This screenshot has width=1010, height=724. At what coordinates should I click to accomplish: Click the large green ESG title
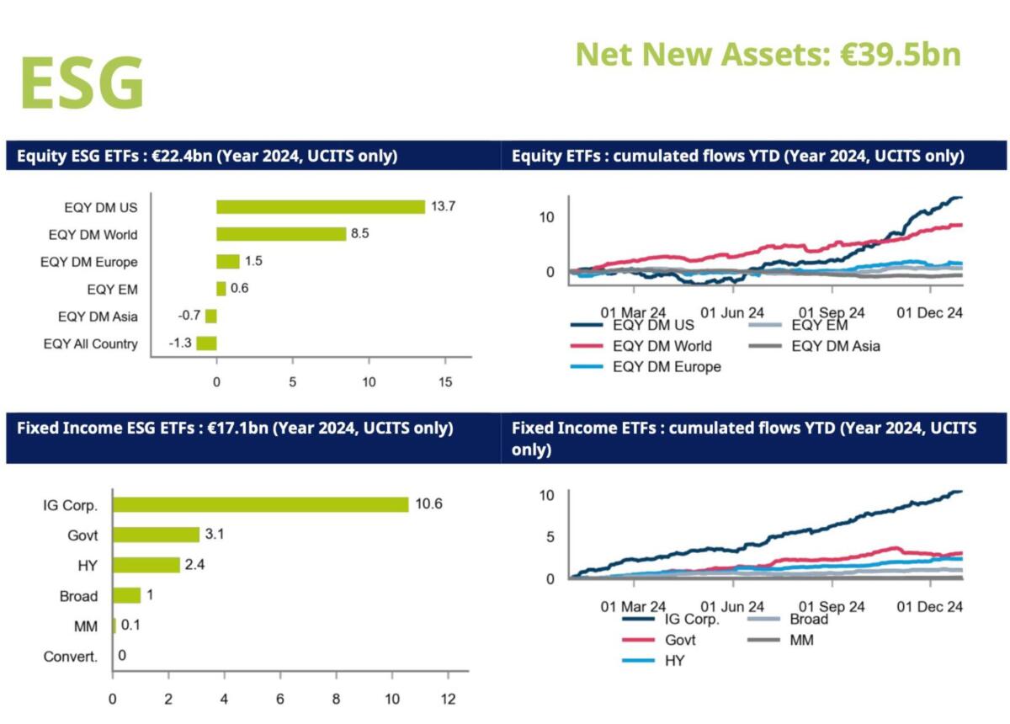click(x=82, y=83)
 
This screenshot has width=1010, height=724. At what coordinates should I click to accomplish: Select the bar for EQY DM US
click(x=320, y=207)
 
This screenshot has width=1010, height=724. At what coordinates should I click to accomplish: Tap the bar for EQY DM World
click(x=281, y=234)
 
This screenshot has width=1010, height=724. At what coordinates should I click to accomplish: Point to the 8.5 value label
click(x=360, y=234)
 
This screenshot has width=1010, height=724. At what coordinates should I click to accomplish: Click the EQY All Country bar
click(x=206, y=343)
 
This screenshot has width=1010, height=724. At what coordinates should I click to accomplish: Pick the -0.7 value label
click(x=189, y=317)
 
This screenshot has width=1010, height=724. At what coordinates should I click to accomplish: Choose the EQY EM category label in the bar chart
click(x=112, y=290)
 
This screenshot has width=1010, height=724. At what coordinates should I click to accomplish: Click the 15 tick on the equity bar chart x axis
click(x=445, y=382)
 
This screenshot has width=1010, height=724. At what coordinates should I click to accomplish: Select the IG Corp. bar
click(x=260, y=504)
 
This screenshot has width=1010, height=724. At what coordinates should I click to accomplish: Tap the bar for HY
click(x=146, y=565)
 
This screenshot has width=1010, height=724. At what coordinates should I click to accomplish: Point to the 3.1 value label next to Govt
click(x=215, y=534)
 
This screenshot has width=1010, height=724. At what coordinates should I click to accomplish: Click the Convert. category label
click(x=71, y=656)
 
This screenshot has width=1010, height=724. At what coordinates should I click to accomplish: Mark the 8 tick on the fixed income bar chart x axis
click(x=336, y=698)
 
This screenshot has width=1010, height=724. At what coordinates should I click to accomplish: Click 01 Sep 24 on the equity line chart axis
click(x=832, y=312)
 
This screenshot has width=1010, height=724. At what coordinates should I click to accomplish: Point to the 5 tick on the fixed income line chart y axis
click(x=550, y=537)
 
